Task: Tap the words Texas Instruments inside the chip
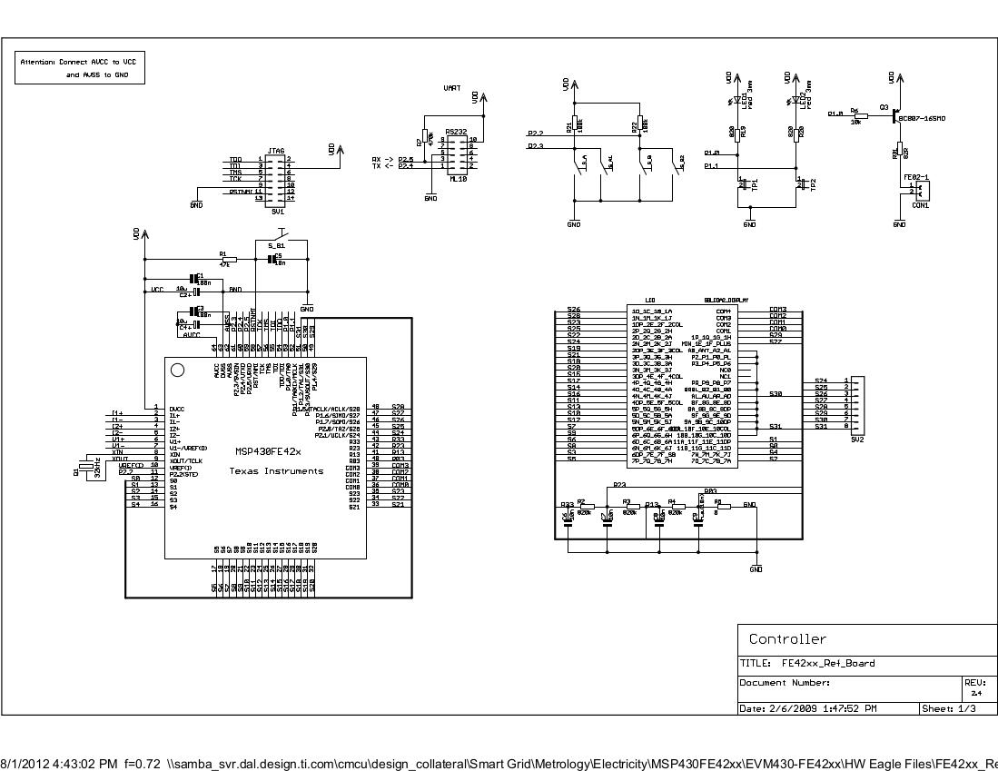point(275,471)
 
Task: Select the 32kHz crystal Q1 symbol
point(87,467)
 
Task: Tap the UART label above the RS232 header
point(451,89)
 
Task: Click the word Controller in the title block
point(787,639)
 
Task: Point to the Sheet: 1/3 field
point(949,708)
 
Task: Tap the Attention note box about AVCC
point(82,68)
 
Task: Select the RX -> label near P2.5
point(382,159)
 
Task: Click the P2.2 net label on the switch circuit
point(535,133)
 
